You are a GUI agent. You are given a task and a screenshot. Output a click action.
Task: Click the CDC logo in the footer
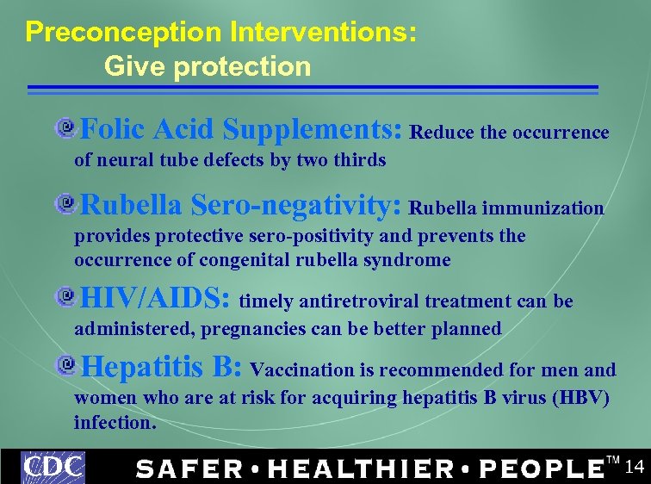click(x=53, y=467)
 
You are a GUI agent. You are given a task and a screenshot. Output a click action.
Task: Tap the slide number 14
click(x=634, y=468)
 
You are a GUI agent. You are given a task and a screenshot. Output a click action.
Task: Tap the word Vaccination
click(x=302, y=370)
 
